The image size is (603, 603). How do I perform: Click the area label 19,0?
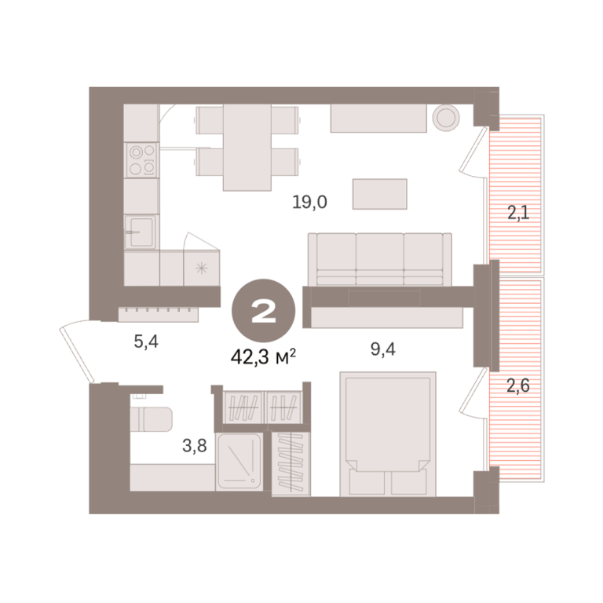tap(309, 202)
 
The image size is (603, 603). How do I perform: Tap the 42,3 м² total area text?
tap(264, 357)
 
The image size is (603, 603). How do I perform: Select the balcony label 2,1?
tap(518, 212)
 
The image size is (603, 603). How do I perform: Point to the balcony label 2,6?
tap(518, 386)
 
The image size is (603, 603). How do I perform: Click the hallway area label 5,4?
tap(146, 341)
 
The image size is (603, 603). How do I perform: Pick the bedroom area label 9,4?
tap(383, 349)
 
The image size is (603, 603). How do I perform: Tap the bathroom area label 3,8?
tap(195, 446)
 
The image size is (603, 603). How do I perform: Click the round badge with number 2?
tap(264, 310)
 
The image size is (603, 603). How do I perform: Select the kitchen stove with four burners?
tap(141, 160)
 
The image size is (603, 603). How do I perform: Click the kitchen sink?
tap(141, 232)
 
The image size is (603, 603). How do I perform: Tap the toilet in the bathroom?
tap(151, 418)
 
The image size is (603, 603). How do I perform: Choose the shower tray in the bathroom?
tap(239, 461)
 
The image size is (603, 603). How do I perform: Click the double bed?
tap(388, 433)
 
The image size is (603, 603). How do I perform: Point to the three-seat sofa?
tap(379, 259)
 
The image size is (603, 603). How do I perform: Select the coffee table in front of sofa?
tap(380, 194)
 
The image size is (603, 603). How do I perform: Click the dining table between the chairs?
tap(247, 148)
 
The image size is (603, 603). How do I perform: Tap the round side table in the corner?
tap(446, 118)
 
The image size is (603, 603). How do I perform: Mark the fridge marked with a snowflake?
tap(202, 268)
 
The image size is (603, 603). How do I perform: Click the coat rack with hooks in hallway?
tap(158, 314)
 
